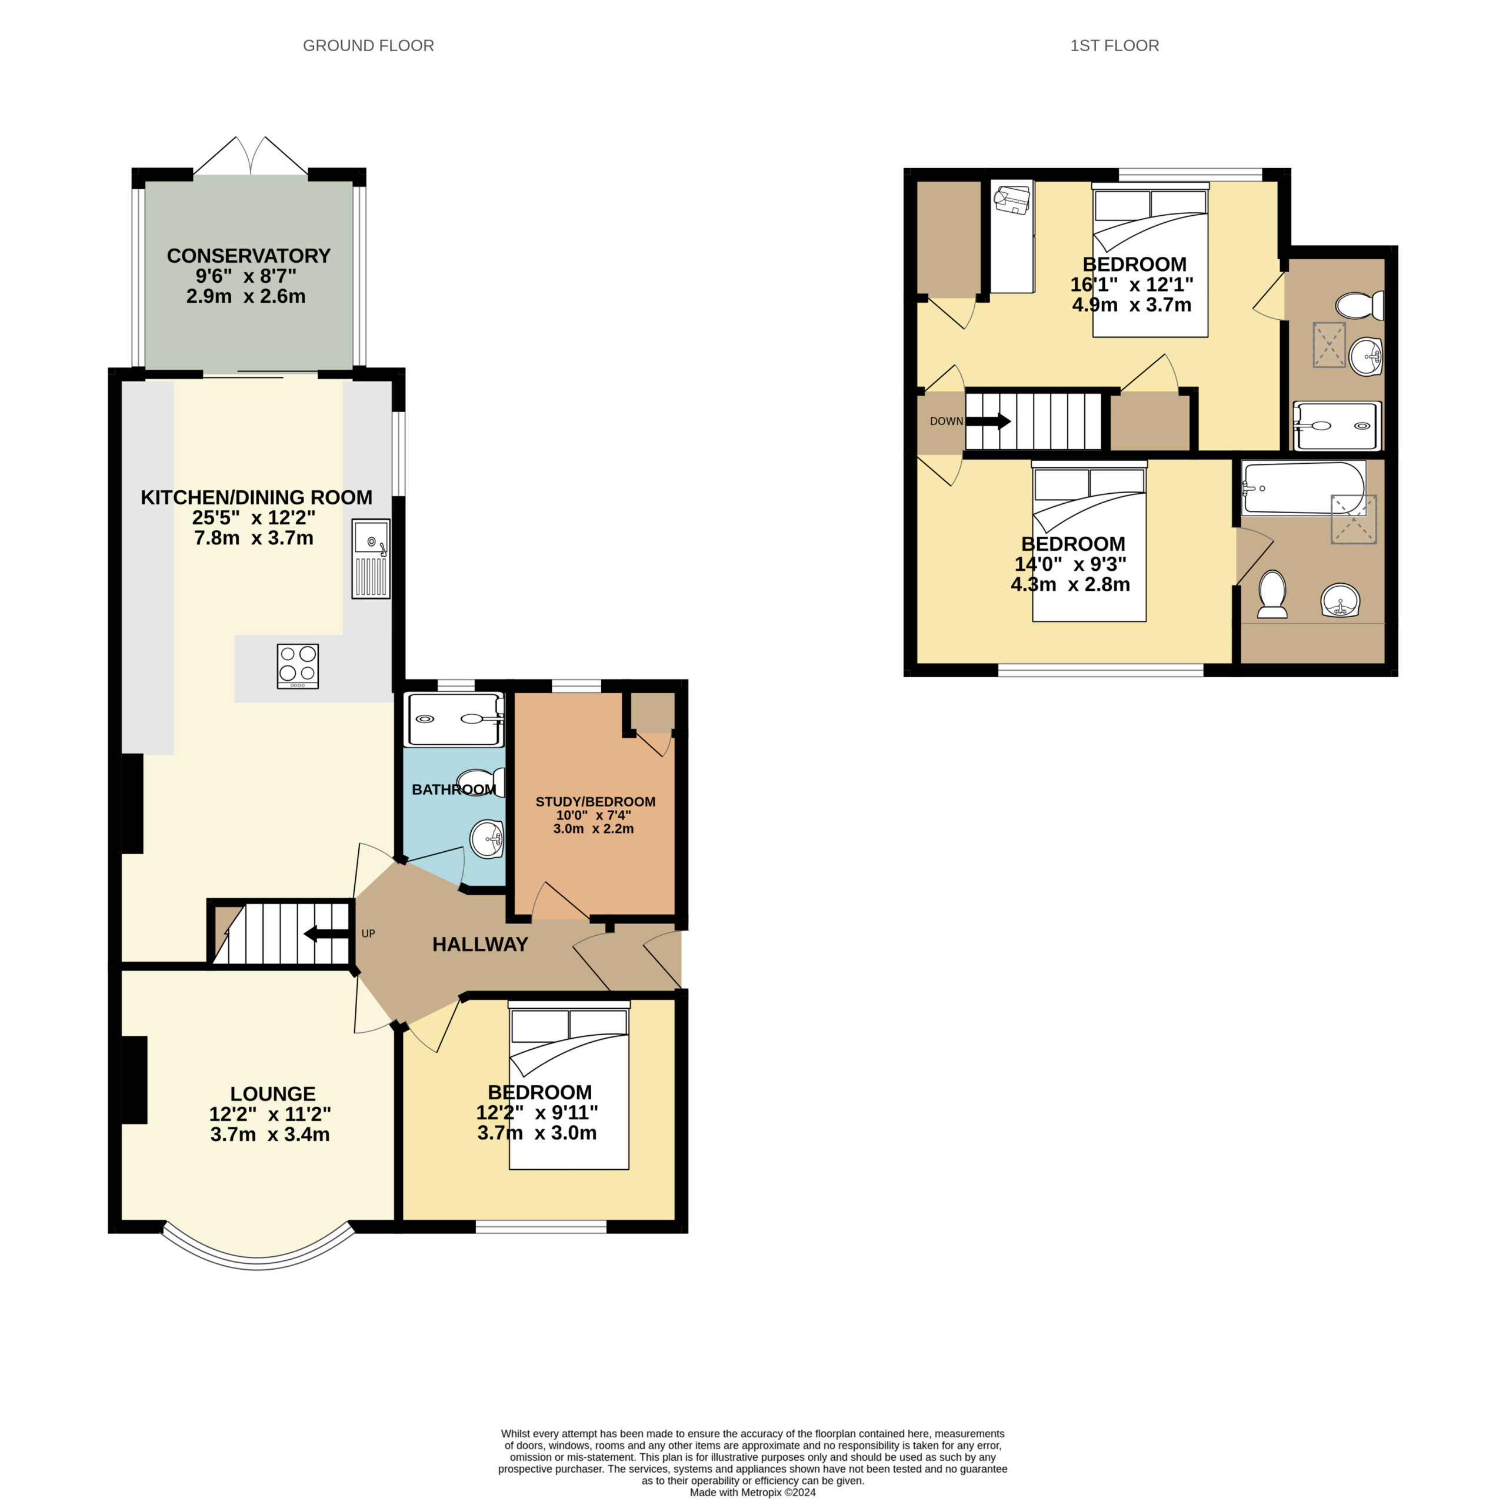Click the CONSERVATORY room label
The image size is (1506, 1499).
[249, 256]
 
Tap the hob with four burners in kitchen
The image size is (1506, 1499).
[298, 666]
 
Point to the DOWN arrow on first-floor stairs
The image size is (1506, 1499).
[988, 421]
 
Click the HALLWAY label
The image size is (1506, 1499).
[480, 944]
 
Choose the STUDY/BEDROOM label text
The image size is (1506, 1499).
[595, 802]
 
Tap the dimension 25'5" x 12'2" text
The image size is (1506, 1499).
[254, 517]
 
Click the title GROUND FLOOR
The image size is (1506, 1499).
[369, 46]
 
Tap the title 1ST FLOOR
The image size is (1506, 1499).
[1115, 46]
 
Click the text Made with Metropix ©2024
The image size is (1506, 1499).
[753, 1493]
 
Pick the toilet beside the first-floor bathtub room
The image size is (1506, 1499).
[1272, 594]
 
